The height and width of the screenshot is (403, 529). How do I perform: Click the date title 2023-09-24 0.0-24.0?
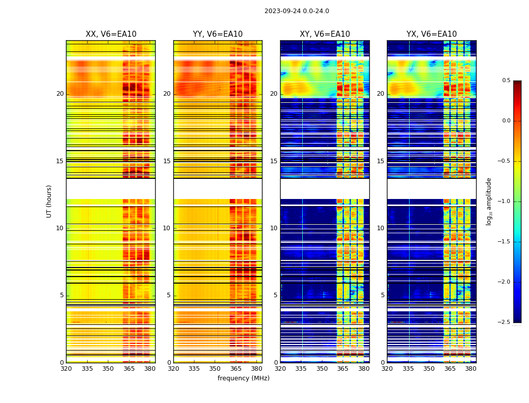[x=296, y=11]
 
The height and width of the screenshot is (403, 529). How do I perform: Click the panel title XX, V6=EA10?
[x=111, y=34]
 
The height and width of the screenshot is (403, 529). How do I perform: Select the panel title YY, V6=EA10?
[x=218, y=34]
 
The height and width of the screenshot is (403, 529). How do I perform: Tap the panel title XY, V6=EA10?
[x=324, y=34]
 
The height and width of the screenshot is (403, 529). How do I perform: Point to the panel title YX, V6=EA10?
[x=431, y=34]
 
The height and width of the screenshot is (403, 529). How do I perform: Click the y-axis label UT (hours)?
[x=49, y=201]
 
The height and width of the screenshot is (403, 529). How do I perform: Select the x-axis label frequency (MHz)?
[x=243, y=378]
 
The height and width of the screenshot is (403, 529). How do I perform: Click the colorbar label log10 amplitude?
[x=489, y=201]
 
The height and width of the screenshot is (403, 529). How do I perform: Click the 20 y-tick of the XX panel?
[x=60, y=94]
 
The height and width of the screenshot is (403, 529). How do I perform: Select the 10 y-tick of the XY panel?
[x=274, y=228]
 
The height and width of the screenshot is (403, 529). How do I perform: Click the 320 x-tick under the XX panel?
[x=66, y=369]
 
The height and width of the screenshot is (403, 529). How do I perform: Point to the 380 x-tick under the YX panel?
[x=471, y=369]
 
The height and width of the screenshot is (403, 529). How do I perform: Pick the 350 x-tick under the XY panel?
[x=322, y=369]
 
